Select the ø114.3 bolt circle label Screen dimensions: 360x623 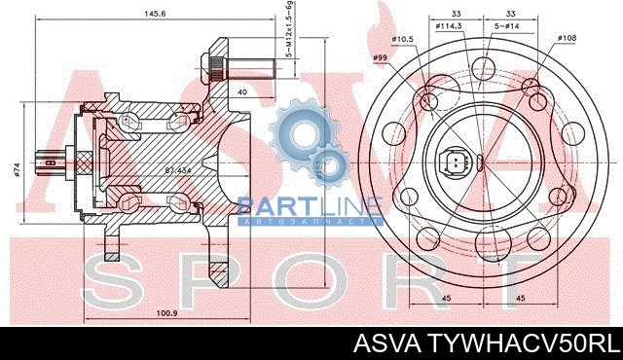tap(449, 26)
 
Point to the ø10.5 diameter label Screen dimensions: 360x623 tap(403, 39)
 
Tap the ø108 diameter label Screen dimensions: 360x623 tap(568, 39)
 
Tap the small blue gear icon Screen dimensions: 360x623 tap(332, 166)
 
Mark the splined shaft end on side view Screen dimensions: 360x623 tap(46, 161)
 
